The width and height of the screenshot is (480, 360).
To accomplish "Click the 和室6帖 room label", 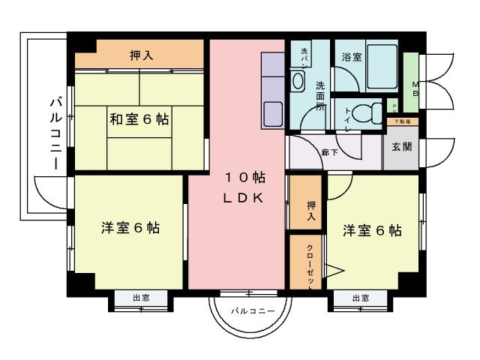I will [139, 118].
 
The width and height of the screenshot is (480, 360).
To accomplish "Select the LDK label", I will [244, 199].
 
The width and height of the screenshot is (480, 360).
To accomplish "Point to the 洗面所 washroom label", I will [320, 95].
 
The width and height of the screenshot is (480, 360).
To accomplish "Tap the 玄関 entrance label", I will [401, 147].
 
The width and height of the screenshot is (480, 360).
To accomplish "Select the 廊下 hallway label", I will [328, 152].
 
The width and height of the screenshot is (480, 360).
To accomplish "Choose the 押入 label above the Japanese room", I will [140, 54].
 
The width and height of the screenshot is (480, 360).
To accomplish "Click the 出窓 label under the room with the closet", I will [360, 298].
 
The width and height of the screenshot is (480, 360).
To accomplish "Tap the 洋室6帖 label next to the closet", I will [372, 230].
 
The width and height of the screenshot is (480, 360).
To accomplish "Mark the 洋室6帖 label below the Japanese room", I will [130, 229].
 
